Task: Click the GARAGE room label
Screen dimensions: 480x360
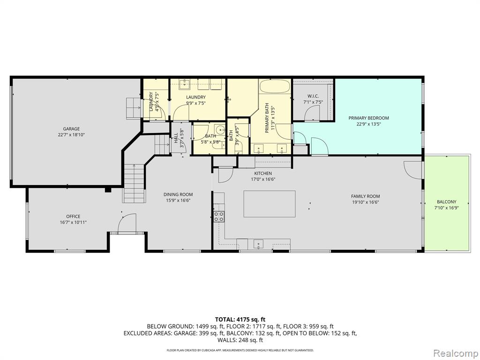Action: [71, 129]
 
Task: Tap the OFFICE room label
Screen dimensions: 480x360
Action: [73, 217]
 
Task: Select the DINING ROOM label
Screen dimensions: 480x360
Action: [178, 195]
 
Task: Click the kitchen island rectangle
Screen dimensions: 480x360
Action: [270, 204]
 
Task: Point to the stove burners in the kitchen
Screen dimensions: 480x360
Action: [219, 217]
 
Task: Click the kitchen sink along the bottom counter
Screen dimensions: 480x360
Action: [258, 244]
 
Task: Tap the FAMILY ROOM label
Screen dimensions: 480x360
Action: [366, 196]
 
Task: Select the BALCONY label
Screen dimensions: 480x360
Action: [446, 202]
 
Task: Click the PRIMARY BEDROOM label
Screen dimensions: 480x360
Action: [368, 118]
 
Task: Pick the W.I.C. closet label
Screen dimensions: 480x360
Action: [313, 96]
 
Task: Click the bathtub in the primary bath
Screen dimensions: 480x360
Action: [275, 86]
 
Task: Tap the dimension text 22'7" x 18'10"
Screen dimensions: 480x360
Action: [71, 135]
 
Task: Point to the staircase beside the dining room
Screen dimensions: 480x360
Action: [134, 183]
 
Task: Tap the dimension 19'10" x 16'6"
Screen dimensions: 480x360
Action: [366, 202]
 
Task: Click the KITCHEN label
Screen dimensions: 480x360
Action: [263, 173]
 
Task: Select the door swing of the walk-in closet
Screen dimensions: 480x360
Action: [312, 112]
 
